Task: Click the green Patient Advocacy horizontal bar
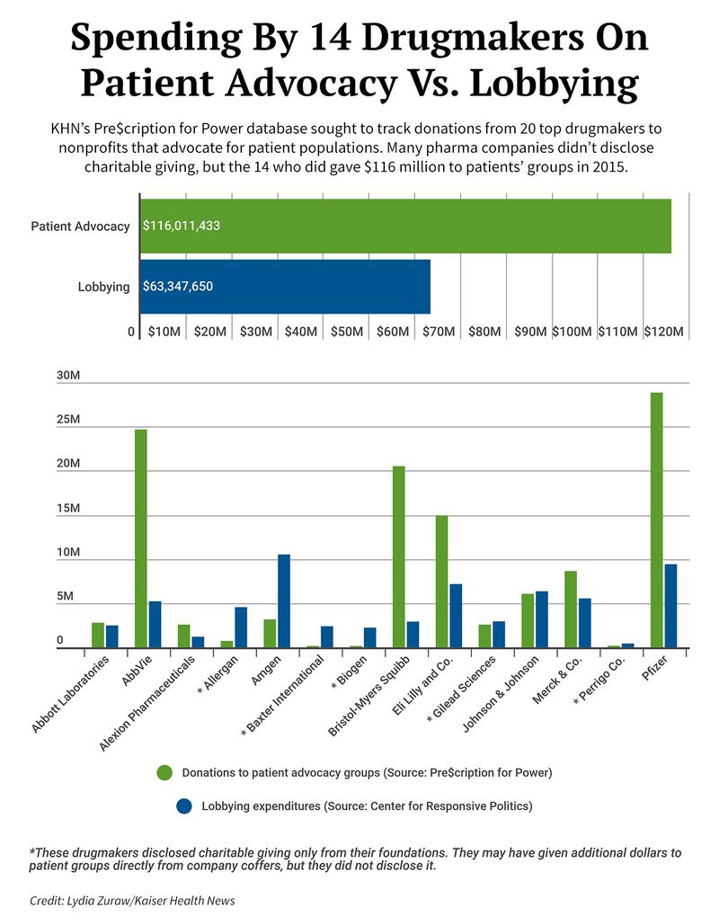click(x=404, y=226)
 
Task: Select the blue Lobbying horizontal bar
click(x=285, y=287)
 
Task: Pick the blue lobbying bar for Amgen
click(x=284, y=600)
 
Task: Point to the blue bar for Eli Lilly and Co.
click(x=456, y=616)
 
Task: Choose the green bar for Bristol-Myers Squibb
click(x=399, y=556)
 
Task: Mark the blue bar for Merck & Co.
click(x=585, y=622)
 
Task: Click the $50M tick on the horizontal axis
click(x=346, y=332)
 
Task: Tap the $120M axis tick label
click(x=666, y=332)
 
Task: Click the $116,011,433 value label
click(x=182, y=226)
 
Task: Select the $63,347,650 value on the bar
click(x=178, y=287)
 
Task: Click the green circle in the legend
click(x=164, y=772)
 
